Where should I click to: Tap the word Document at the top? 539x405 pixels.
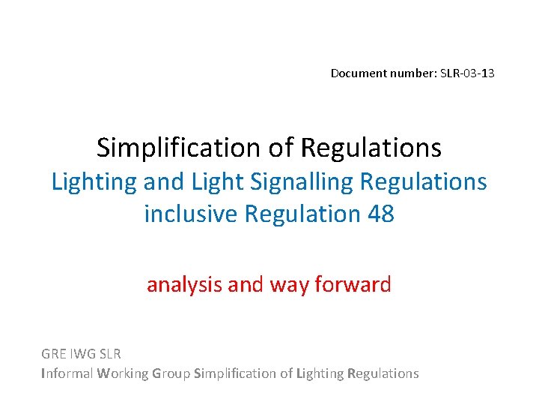pyautogui.click(x=356, y=73)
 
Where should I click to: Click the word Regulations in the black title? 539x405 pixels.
pyautogui.click(x=371, y=148)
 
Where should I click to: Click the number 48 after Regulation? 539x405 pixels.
pyautogui.click(x=380, y=214)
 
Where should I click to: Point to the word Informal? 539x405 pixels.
pyautogui.click(x=67, y=373)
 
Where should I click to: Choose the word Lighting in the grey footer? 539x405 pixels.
pyautogui.click(x=320, y=373)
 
